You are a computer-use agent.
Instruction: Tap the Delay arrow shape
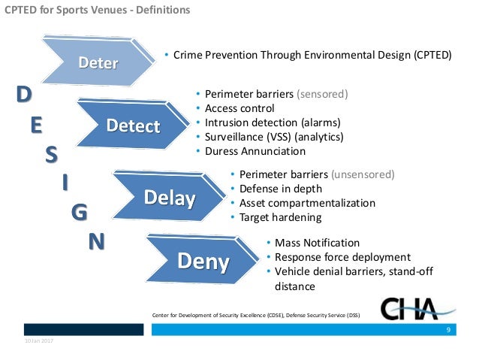coord(170,198)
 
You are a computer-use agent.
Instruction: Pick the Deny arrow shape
coord(203,262)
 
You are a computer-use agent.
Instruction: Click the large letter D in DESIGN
coord(25,95)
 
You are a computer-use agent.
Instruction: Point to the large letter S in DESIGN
coord(51,154)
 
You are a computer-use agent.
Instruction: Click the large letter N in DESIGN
coord(97,241)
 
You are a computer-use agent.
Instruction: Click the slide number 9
coord(448,330)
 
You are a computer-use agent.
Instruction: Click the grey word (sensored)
coord(323,95)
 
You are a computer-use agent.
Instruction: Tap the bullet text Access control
coord(234,109)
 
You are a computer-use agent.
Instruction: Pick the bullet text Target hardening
coord(280,218)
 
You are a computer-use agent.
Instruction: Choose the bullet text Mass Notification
coord(317,243)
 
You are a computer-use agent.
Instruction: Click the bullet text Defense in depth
coord(281,189)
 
